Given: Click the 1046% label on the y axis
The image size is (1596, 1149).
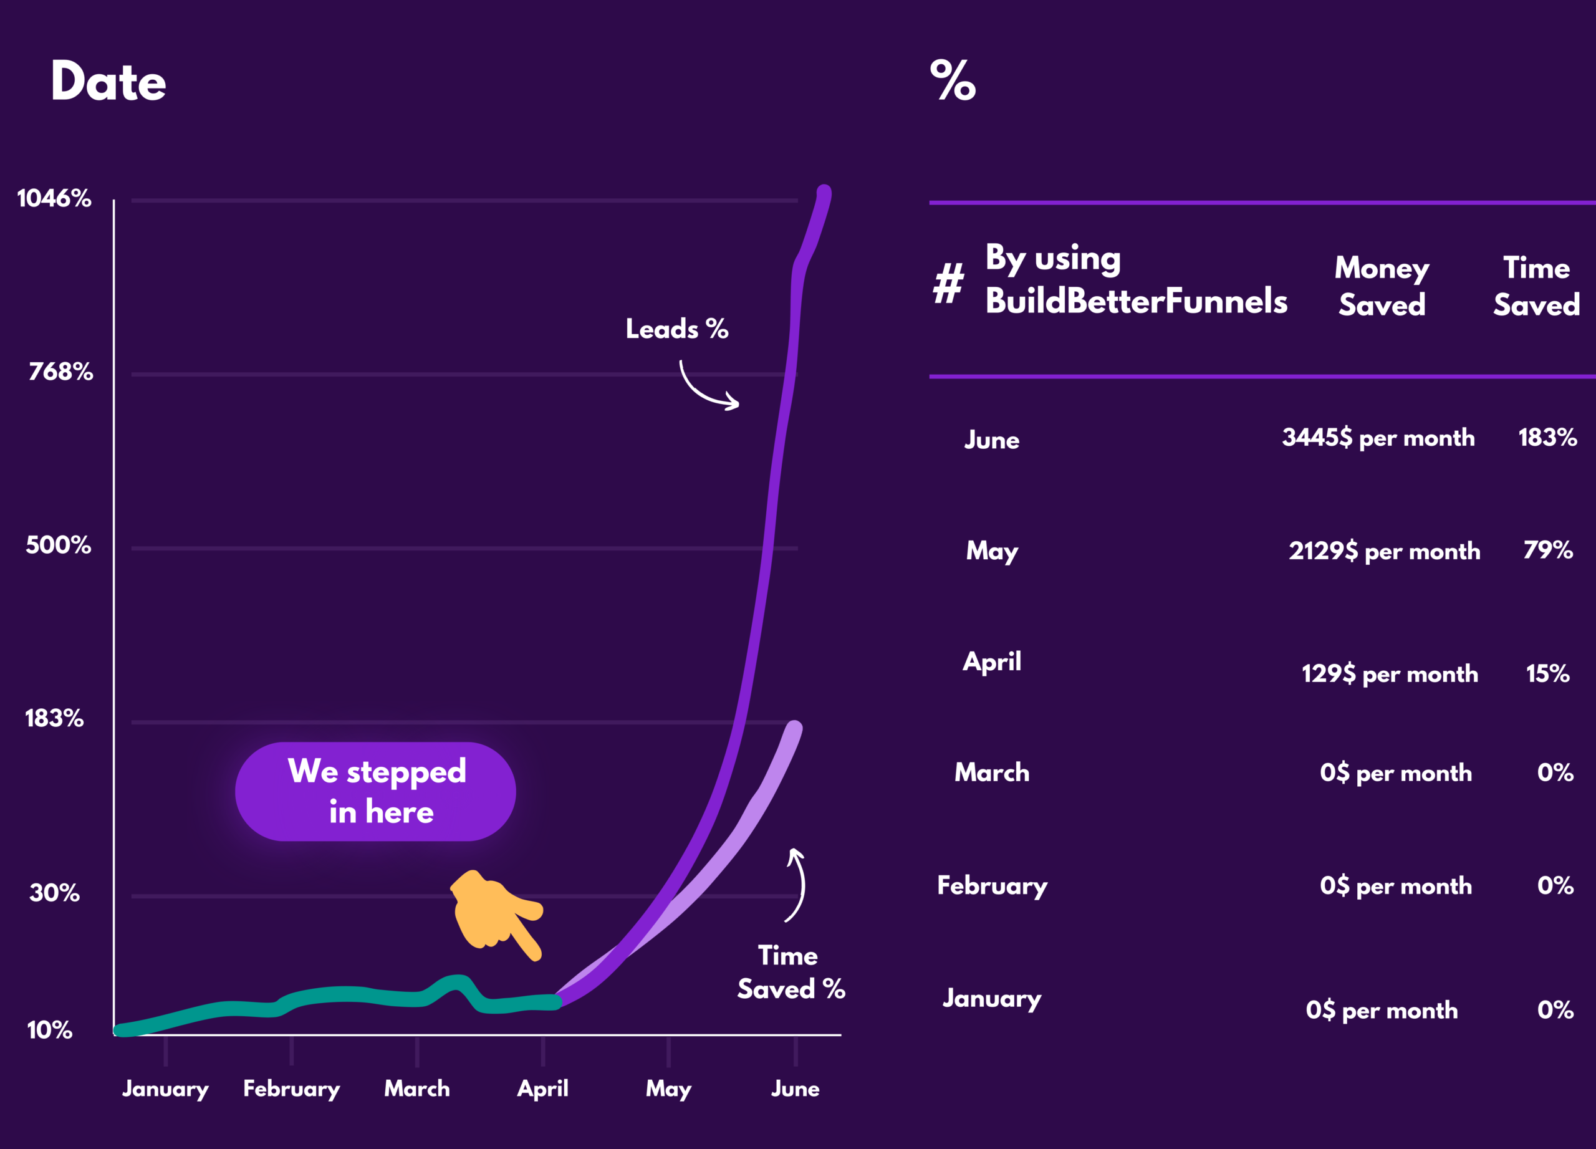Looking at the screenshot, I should (x=54, y=198).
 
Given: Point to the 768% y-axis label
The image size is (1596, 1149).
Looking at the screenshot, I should (x=60, y=372).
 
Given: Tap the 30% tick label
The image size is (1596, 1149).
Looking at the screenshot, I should (x=54, y=893).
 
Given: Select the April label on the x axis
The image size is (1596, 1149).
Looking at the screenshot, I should (x=542, y=1089).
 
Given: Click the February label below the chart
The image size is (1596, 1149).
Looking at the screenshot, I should (x=291, y=1089).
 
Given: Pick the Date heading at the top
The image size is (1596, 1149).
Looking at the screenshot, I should (x=108, y=82).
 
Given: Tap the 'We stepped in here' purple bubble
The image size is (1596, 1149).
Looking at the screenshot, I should (x=376, y=792).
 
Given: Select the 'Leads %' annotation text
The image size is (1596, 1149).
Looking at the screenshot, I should (x=677, y=329).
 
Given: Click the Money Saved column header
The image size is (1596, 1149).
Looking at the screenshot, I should (x=1382, y=286).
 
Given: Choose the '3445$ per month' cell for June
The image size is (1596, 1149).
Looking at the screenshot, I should (x=1378, y=438).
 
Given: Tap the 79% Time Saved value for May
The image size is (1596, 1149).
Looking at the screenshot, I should (x=1547, y=550).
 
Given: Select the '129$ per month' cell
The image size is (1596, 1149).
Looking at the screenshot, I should (x=1389, y=674).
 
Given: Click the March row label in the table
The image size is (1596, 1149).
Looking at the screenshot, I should (x=991, y=772).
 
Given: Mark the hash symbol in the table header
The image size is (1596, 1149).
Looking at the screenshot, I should (x=949, y=283).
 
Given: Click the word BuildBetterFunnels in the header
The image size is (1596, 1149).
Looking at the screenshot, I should (x=1136, y=301).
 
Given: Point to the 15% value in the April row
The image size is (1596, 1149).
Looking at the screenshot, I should (x=1547, y=674).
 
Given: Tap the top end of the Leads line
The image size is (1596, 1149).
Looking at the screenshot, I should (x=824, y=191).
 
